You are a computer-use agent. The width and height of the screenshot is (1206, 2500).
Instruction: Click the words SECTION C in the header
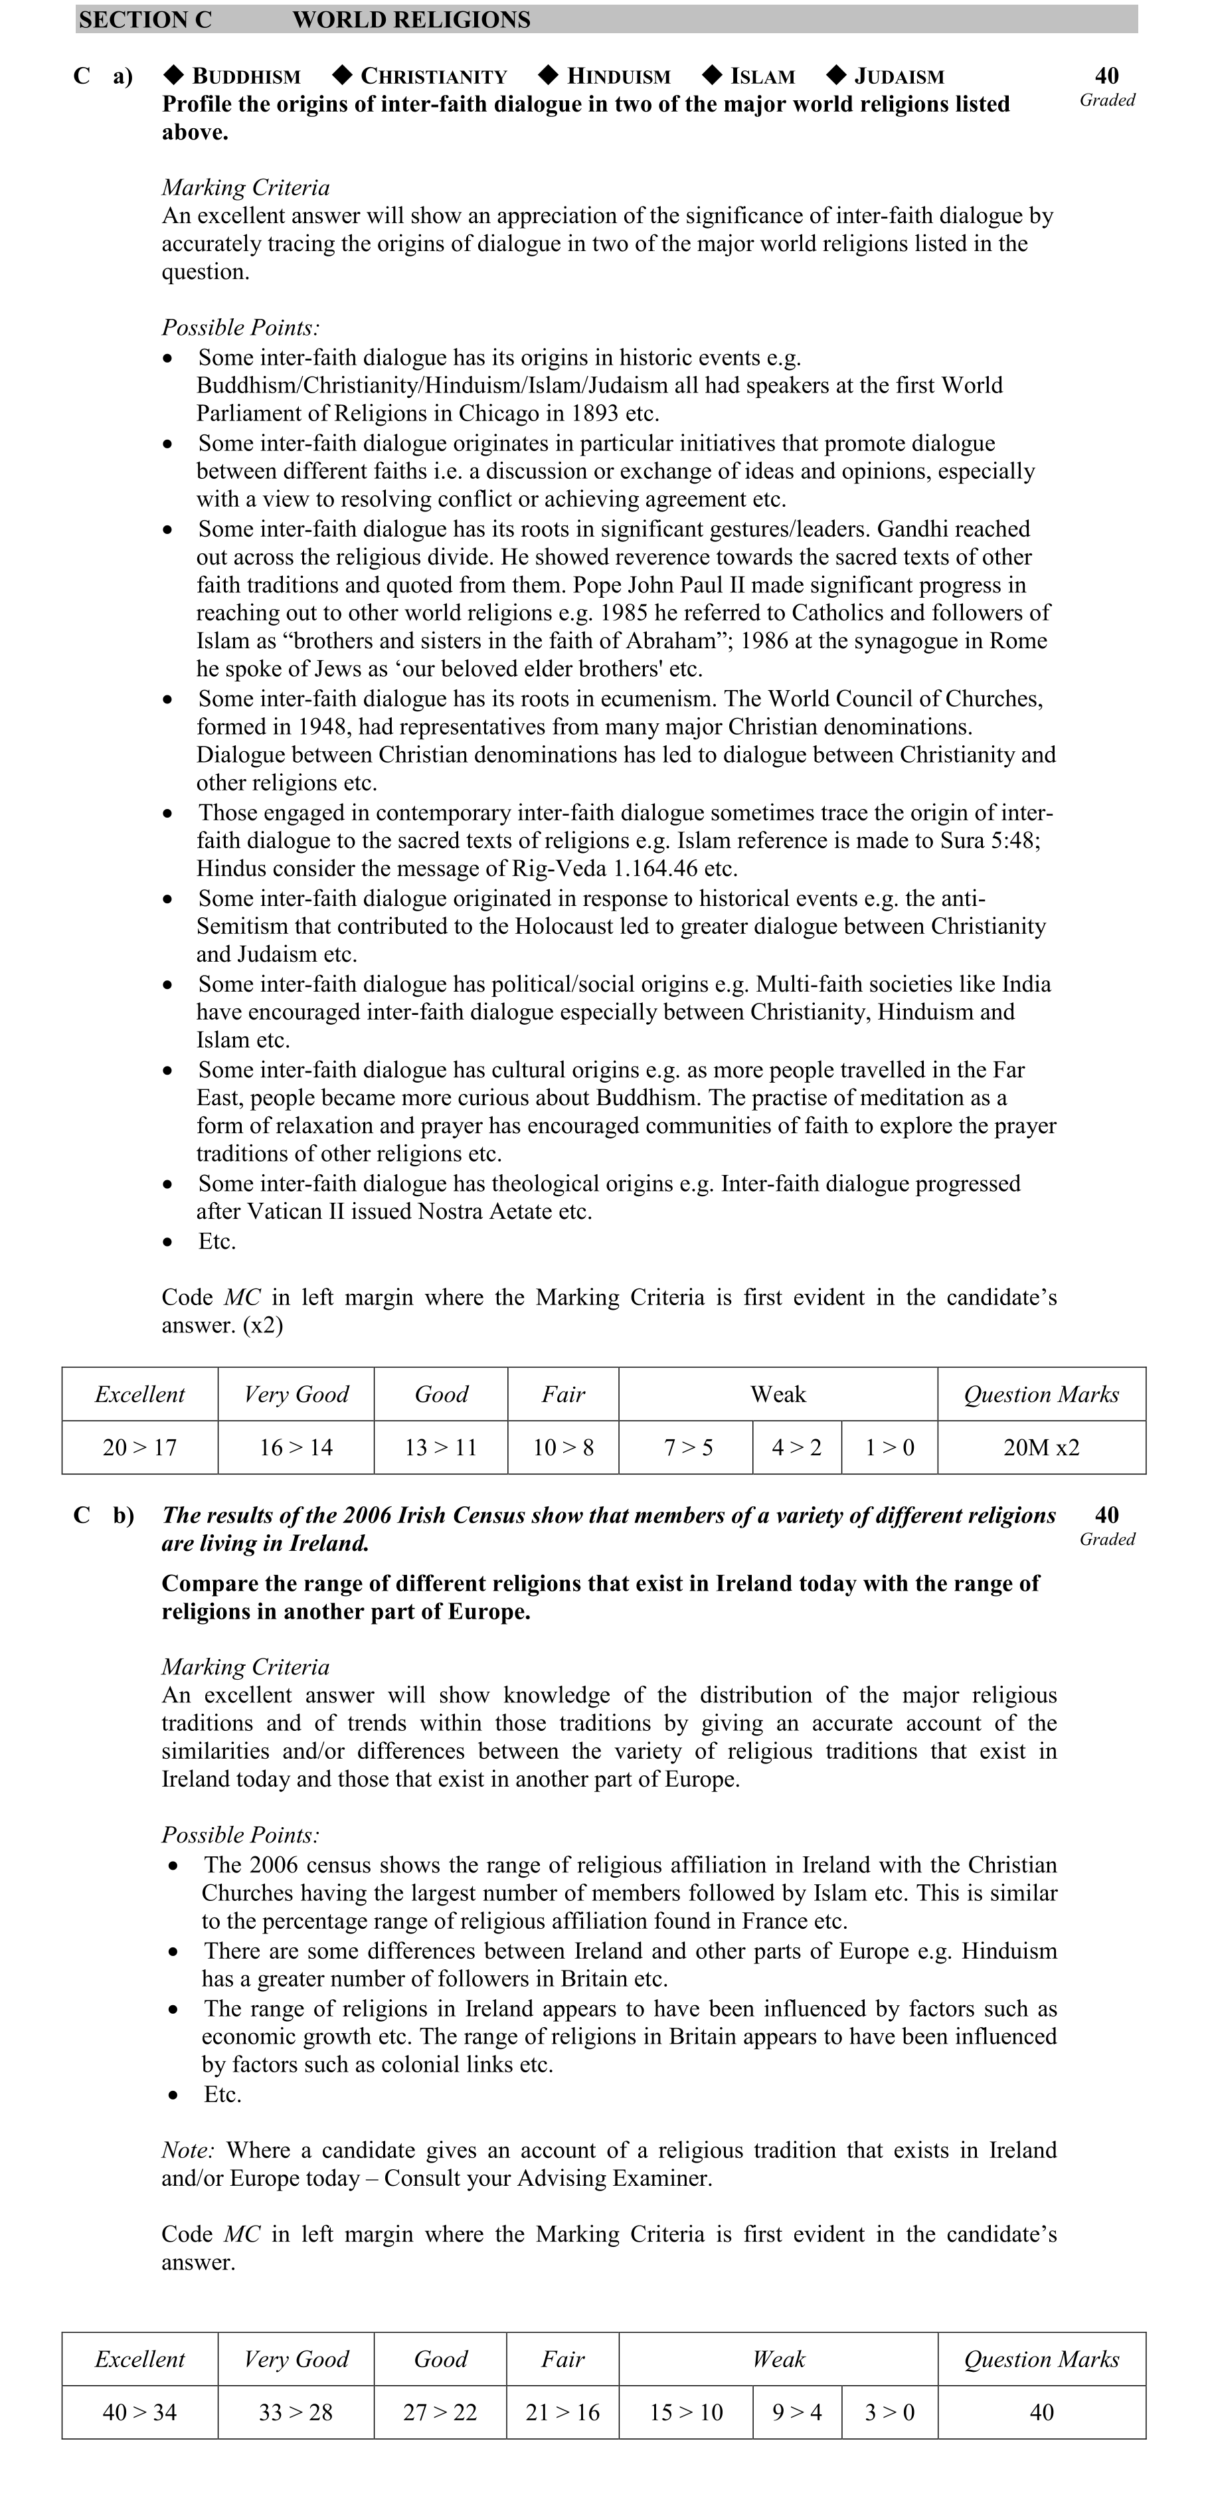click(145, 19)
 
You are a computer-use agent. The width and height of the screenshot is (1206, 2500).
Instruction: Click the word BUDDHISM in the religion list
click(246, 76)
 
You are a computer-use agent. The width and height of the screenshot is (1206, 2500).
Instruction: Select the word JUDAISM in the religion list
click(899, 76)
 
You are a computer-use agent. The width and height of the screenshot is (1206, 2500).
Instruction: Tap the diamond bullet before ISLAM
click(712, 75)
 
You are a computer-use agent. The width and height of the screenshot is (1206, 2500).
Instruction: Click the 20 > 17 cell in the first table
click(139, 1448)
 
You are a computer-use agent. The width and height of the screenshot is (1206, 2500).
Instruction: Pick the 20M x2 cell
click(1041, 1448)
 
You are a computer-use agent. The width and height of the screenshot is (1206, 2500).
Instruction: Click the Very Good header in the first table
click(296, 1395)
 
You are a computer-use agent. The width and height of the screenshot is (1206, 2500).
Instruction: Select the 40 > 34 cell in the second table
click(139, 2412)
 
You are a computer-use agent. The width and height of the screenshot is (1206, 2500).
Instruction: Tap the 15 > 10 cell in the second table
click(686, 2412)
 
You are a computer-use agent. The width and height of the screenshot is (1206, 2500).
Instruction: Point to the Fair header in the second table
click(562, 2359)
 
